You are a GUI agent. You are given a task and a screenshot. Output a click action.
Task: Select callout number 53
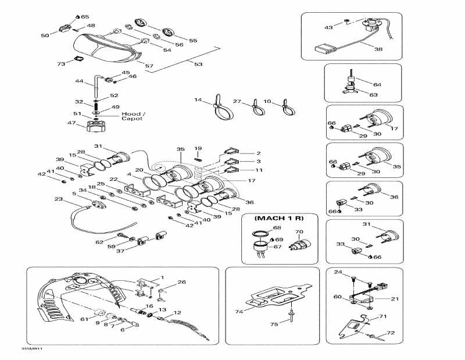point(198,64)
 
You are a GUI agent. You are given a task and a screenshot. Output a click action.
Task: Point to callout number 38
point(378,49)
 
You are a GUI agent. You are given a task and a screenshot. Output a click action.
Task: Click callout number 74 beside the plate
point(238,312)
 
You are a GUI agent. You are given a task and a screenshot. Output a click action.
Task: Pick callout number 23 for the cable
point(58,199)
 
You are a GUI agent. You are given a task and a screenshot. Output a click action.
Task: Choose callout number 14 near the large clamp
point(198,101)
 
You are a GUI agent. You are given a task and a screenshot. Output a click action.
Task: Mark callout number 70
point(299,232)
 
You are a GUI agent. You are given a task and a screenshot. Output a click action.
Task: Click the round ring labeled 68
point(263,236)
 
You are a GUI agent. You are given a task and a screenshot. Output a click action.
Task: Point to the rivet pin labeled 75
point(288,318)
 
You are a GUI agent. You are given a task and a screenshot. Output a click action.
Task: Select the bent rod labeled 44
point(95,87)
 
